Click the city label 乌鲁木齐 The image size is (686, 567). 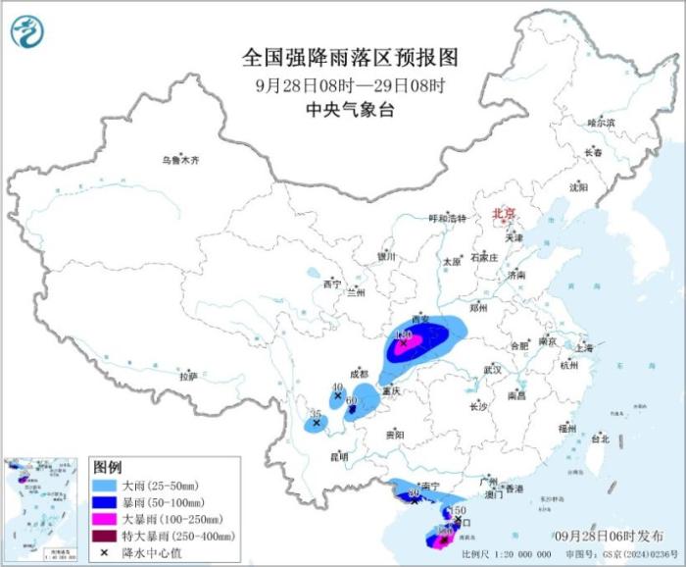[x=181, y=160]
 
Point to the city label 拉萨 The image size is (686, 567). [x=188, y=376]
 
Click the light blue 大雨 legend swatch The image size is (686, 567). [x=105, y=486]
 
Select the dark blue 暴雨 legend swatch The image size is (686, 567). [x=105, y=502]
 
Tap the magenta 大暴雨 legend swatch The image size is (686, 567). [x=105, y=519]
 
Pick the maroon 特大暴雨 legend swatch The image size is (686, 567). [x=105, y=536]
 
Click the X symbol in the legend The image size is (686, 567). [x=104, y=552]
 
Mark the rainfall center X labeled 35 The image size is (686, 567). [x=316, y=424]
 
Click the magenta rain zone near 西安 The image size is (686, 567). [x=411, y=342]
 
